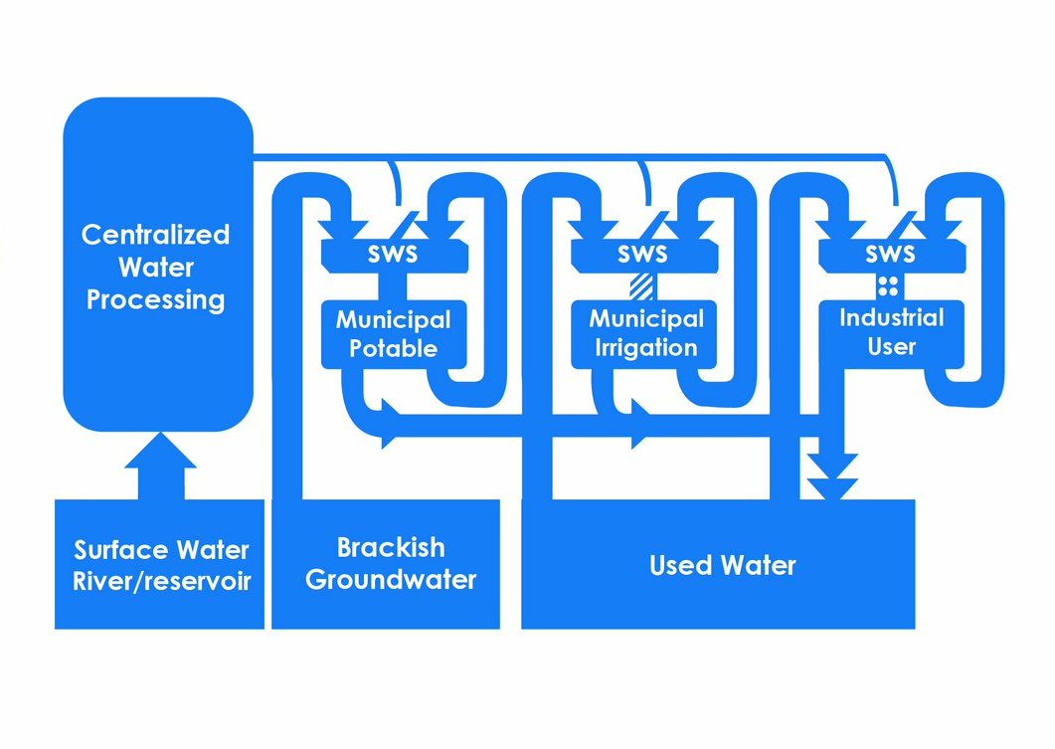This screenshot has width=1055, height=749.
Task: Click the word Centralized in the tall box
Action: click(x=155, y=235)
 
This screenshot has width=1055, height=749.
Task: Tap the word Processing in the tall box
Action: click(x=155, y=299)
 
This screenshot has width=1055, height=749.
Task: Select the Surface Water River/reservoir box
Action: click(x=159, y=564)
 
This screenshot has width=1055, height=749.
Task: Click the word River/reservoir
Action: click(x=161, y=581)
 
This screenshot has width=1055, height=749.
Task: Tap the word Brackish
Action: click(x=391, y=547)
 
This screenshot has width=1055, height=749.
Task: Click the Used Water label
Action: click(x=723, y=566)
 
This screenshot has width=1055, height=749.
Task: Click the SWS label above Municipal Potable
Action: click(x=394, y=255)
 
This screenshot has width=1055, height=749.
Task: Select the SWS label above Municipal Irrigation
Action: click(x=642, y=255)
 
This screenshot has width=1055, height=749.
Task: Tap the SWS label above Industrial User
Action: click(x=889, y=255)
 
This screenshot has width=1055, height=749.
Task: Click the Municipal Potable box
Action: click(x=393, y=334)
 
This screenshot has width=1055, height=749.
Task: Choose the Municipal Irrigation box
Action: click(x=645, y=334)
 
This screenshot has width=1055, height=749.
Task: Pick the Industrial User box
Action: click(x=891, y=332)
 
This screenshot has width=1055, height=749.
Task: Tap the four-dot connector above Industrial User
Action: click(x=888, y=286)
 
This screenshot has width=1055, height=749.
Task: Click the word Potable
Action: click(x=393, y=349)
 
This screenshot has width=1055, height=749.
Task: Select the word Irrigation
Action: click(x=645, y=349)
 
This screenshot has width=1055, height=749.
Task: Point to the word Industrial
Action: click(x=891, y=318)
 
